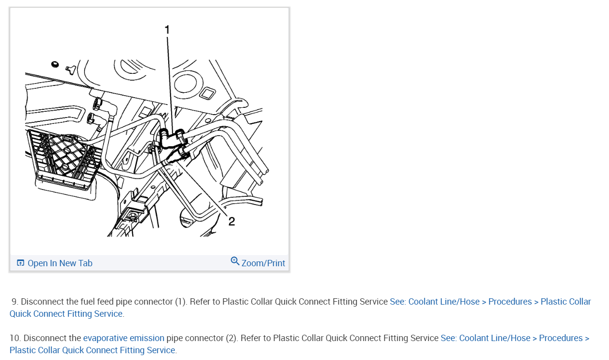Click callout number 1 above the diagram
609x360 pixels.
pos(167,30)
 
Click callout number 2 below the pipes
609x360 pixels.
pos(231,222)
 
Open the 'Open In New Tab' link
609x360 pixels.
pos(60,263)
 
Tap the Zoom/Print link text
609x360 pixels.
pos(263,263)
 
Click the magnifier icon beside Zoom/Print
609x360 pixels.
pos(235,261)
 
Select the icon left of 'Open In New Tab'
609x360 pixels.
pos(20,263)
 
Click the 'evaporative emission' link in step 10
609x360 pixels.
pos(123,338)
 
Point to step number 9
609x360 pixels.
pos(15,302)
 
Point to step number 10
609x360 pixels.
pos(15,338)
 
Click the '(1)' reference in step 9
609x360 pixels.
pos(181,302)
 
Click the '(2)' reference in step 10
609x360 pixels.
pos(231,338)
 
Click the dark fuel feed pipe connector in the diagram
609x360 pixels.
pos(170,138)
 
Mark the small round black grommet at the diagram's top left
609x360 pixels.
pos(55,64)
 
